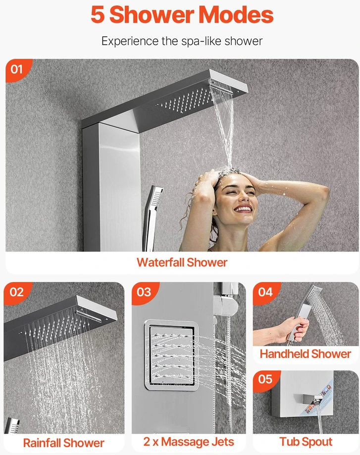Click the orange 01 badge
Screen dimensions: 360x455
[x=17, y=70]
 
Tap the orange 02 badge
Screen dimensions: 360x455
[x=16, y=293]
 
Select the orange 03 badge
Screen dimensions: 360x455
[x=144, y=293]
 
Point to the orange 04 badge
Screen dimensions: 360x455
[x=265, y=293]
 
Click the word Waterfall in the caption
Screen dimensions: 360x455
[x=160, y=262]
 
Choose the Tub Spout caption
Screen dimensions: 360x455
[x=306, y=442]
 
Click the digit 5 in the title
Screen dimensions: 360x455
[x=98, y=15]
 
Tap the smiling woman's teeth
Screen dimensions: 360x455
[x=243, y=208]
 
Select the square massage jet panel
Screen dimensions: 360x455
[x=171, y=355]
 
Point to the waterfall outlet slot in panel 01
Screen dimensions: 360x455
[x=221, y=87]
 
